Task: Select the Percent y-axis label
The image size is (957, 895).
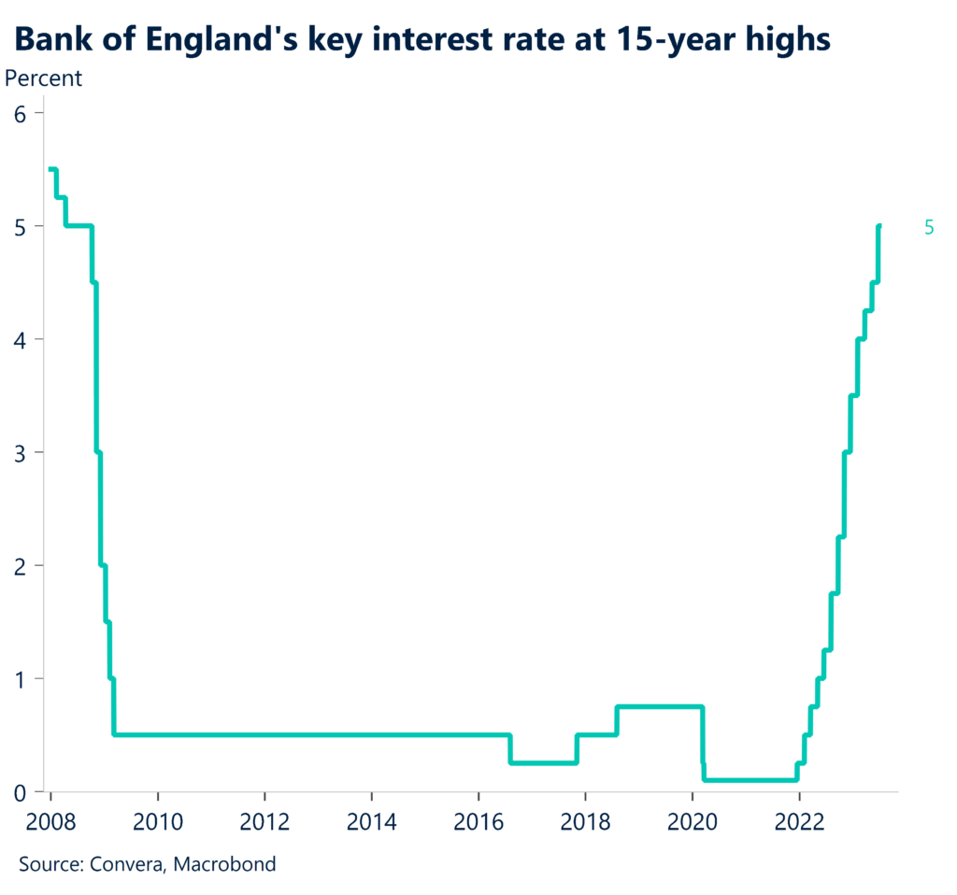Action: [x=44, y=78]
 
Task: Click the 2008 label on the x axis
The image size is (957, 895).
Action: [x=51, y=822]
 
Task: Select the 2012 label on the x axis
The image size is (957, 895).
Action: [x=265, y=822]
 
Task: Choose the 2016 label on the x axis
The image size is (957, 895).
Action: [x=478, y=822]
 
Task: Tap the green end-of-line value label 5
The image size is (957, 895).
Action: [x=929, y=227]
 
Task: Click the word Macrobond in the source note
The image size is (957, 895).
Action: [x=229, y=864]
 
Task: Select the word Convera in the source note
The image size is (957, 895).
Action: [x=126, y=864]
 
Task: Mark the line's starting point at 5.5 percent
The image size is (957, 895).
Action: [x=50, y=169]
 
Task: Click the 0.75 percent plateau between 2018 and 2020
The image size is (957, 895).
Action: [x=659, y=706]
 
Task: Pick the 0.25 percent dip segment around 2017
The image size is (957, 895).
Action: [x=543, y=763]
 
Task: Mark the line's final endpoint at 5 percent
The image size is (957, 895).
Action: [x=879, y=226]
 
